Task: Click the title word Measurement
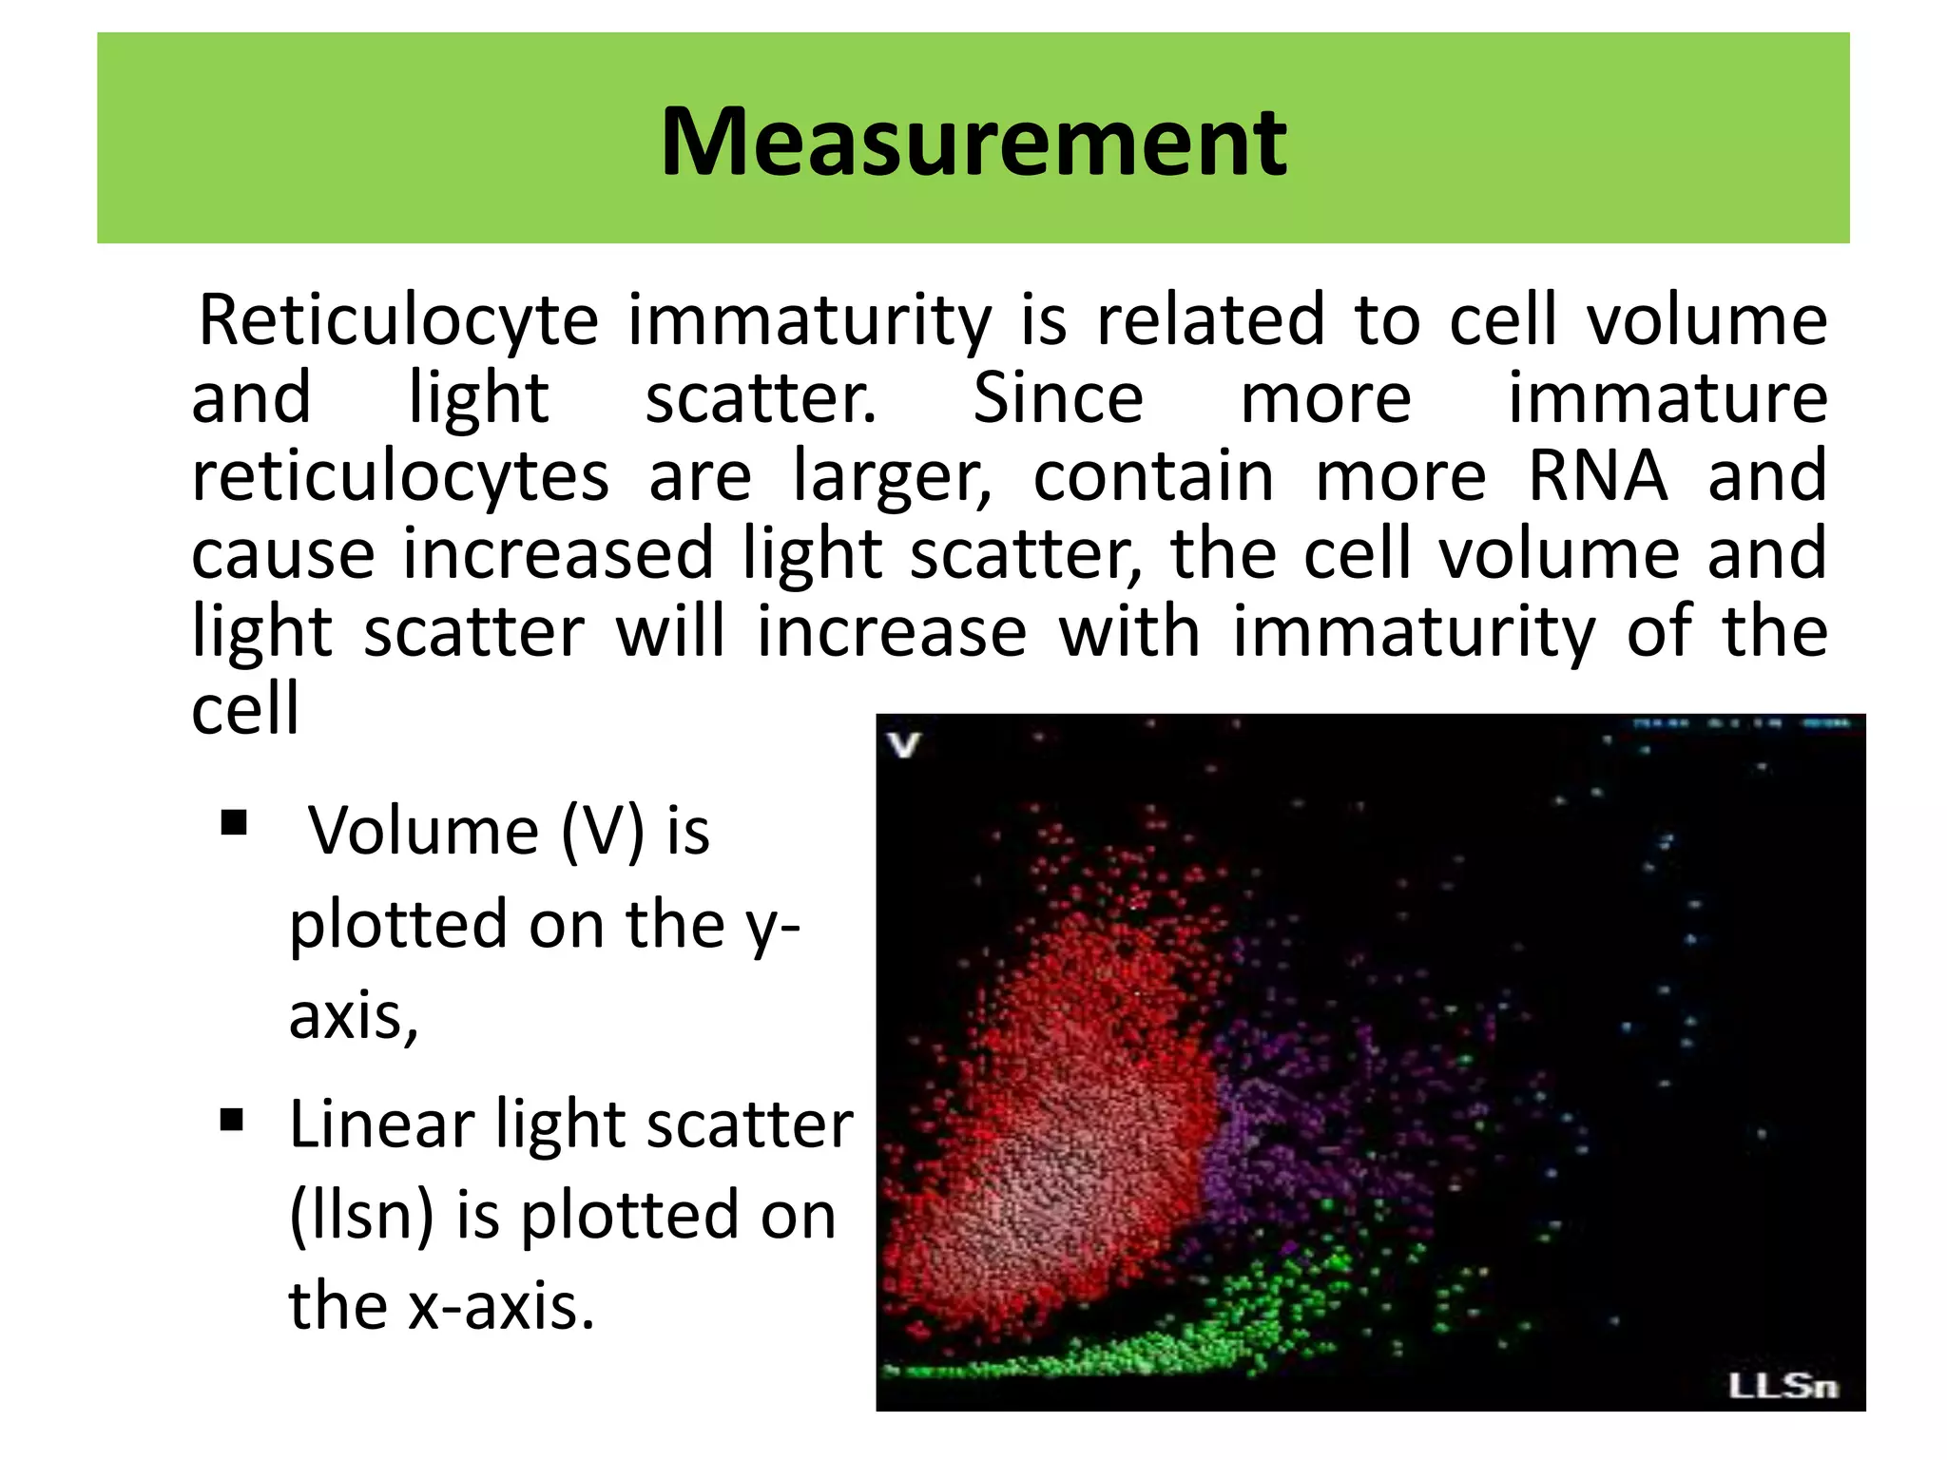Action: pos(973,143)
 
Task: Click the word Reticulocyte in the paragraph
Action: pos(397,321)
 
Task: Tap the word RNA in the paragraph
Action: pos(1597,475)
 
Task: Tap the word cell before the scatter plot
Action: pos(245,709)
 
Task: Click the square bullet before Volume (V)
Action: pos(234,822)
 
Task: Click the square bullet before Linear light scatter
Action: pos(232,1120)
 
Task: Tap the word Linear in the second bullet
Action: pos(381,1125)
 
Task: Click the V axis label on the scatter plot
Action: pos(904,744)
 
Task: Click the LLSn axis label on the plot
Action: pos(1783,1387)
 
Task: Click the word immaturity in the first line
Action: pos(809,321)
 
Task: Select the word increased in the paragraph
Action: pos(557,555)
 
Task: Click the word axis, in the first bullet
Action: pos(353,1017)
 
